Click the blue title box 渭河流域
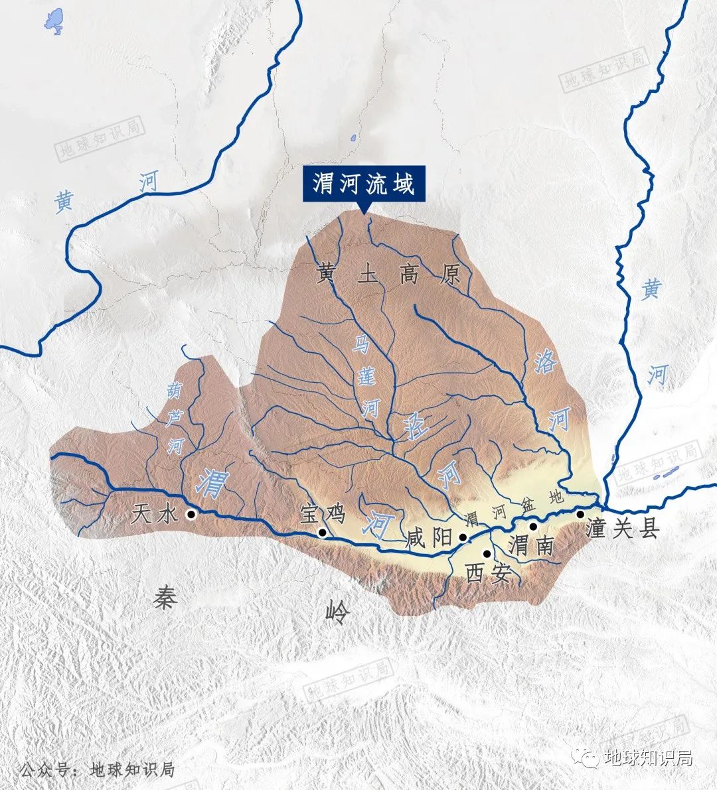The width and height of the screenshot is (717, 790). (364, 183)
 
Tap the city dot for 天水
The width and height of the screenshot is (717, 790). (191, 514)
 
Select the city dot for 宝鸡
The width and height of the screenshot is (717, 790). (323, 532)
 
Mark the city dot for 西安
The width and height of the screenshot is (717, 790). (487, 554)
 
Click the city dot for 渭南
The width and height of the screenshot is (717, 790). (533, 527)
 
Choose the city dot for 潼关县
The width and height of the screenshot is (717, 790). (580, 514)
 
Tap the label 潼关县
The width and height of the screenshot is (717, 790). (623, 529)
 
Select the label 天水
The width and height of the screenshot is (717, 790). (155, 513)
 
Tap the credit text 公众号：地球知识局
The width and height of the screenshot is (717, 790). (97, 769)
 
